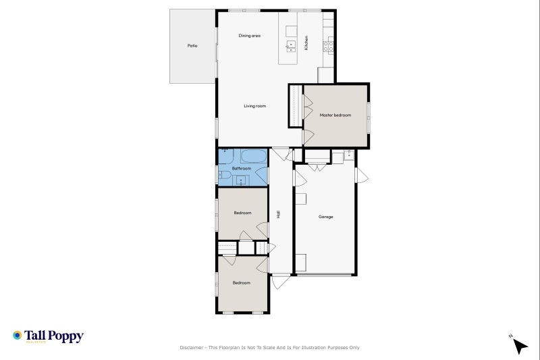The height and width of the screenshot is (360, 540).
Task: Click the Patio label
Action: (192, 46)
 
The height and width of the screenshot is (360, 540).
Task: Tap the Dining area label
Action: (250, 35)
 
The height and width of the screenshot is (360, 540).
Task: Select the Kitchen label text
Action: (306, 43)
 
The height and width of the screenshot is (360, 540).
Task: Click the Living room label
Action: (255, 106)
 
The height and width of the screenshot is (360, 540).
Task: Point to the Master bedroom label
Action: (335, 115)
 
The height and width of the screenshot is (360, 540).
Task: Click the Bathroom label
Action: (242, 168)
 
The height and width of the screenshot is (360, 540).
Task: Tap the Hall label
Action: (278, 214)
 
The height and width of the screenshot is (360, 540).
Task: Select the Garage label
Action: (326, 217)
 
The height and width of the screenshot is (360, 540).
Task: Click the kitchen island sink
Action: (292, 46)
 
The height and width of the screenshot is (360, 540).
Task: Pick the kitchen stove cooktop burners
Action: (328, 46)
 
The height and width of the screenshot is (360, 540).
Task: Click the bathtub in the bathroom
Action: (252, 157)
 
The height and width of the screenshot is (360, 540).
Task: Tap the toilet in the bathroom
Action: (224, 176)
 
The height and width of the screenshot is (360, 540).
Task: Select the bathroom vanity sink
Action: (241, 180)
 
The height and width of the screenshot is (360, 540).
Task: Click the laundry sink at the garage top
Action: (348, 156)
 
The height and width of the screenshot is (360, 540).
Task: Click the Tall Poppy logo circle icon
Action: (18, 335)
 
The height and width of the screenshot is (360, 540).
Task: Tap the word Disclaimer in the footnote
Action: (192, 348)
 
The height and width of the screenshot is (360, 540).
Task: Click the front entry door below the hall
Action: (281, 280)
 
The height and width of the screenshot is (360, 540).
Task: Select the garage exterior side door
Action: (362, 176)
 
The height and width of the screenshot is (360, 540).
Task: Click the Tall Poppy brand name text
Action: (54, 335)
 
